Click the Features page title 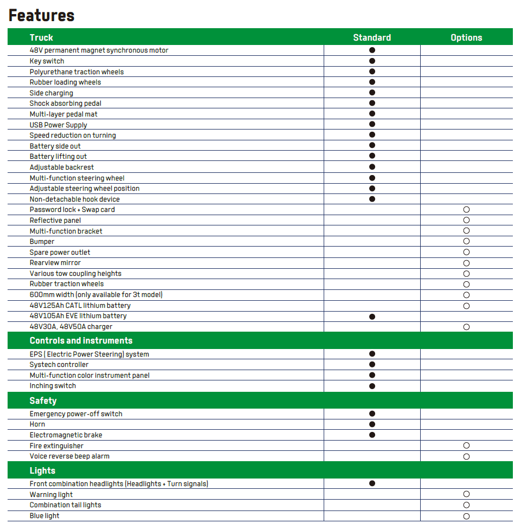click(42, 15)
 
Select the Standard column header click(372, 37)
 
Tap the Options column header click(466, 37)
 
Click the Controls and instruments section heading click(81, 340)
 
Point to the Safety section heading click(43, 400)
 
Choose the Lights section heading click(42, 470)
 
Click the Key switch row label click(47, 61)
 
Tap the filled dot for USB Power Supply click(372, 125)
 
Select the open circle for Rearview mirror click(466, 263)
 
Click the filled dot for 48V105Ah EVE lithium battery click(372, 316)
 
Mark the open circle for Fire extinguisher click(466, 445)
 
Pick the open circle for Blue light click(466, 516)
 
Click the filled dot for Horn click(372, 424)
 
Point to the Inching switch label click(53, 386)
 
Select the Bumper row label click(42, 242)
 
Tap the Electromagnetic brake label click(66, 435)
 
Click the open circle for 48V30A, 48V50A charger click(466, 327)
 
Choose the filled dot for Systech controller click(372, 365)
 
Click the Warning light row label click(51, 495)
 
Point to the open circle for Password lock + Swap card click(466, 210)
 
